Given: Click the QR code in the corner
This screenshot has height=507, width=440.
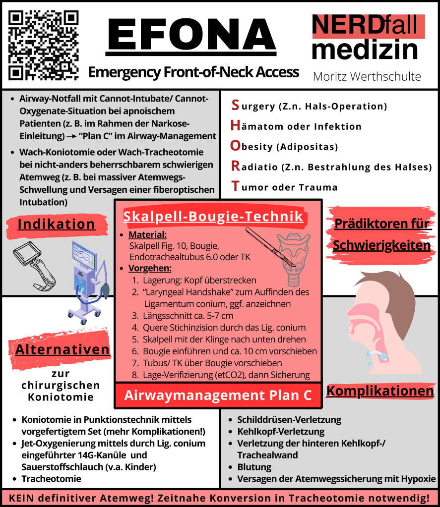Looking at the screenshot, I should [44, 45].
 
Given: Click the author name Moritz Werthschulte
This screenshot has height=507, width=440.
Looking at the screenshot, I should [367, 76].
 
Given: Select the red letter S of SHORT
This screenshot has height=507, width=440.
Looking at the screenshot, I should [236, 105].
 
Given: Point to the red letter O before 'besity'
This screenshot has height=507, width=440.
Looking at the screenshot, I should [236, 146].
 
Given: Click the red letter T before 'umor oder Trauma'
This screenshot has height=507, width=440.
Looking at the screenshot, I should [236, 187].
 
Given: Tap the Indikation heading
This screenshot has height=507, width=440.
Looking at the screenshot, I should [56, 224].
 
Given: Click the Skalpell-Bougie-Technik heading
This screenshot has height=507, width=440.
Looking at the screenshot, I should [213, 217].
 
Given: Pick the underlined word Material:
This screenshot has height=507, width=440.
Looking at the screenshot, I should [147, 234].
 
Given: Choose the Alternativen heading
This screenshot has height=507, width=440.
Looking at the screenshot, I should [63, 349].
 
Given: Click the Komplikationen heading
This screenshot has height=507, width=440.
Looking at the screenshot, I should [380, 391].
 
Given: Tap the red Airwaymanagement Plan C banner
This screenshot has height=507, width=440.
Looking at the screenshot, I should [218, 395].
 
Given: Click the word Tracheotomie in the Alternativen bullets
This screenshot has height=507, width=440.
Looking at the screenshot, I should [51, 479].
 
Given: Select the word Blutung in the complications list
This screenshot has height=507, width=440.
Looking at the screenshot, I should [254, 467].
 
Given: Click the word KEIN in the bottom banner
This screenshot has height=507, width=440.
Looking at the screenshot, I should [22, 498].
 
